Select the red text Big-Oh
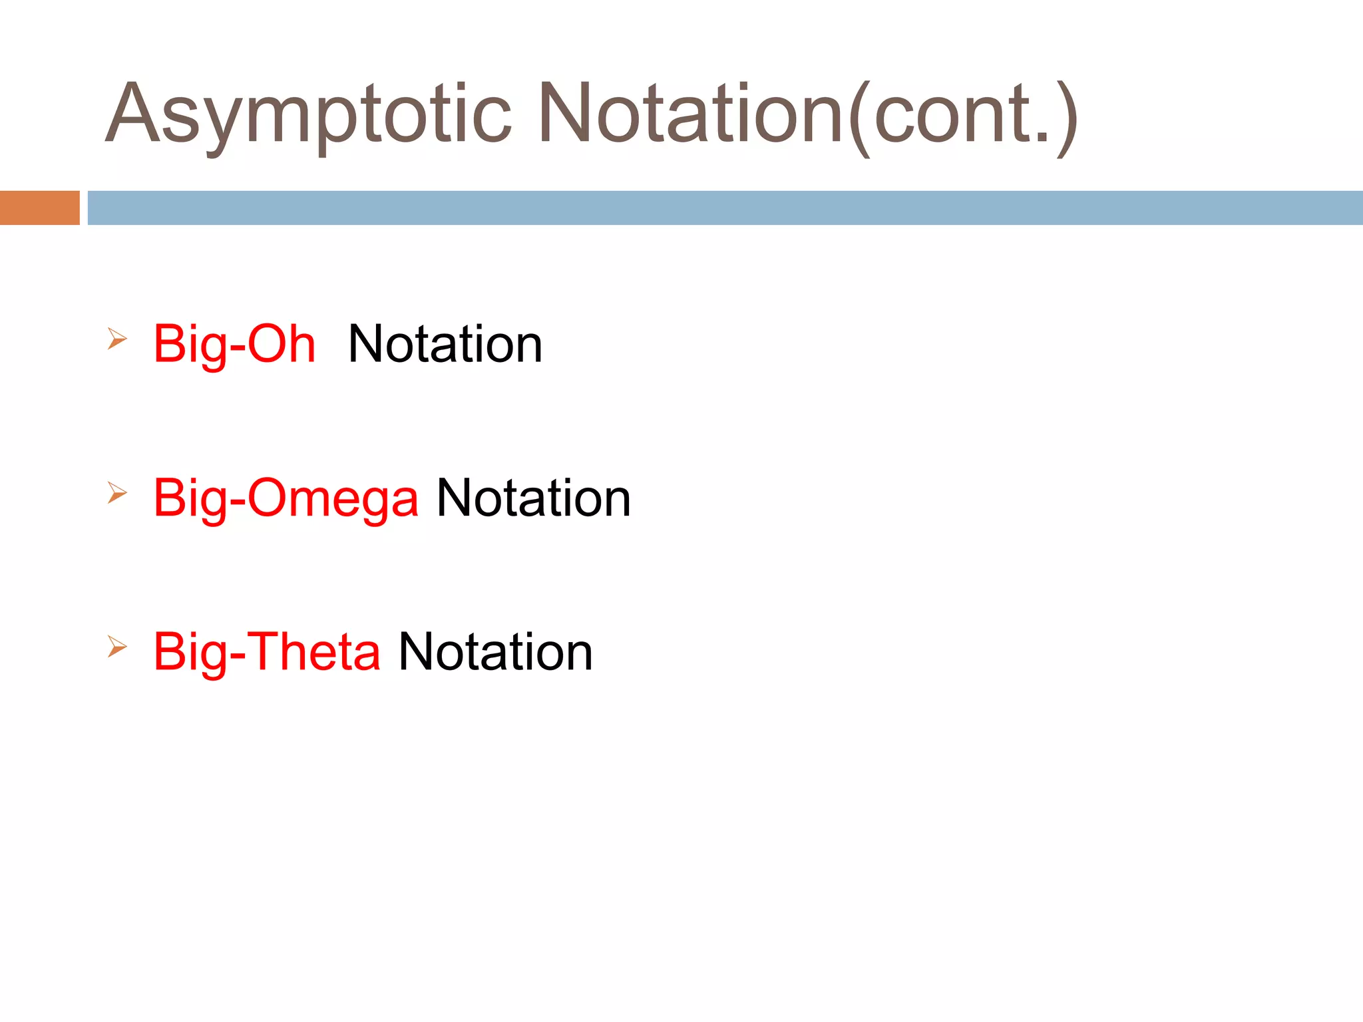point(234,345)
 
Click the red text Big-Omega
point(286,498)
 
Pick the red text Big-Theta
point(266,652)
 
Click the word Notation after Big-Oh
point(445,345)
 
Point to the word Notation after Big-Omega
point(533,498)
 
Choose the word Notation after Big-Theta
point(495,652)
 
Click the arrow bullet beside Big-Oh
point(117,339)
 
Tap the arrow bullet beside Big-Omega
point(117,493)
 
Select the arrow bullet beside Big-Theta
point(117,647)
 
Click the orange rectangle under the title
point(39,208)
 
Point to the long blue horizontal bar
point(725,208)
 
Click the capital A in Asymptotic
point(134,113)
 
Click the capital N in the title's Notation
point(564,113)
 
